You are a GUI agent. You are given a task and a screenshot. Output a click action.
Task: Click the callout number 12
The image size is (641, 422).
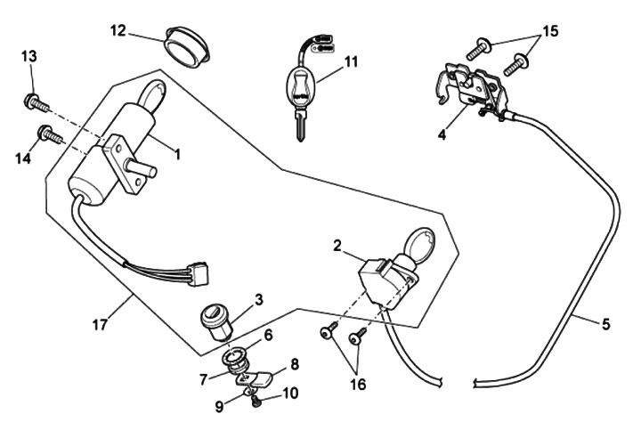coord(118,30)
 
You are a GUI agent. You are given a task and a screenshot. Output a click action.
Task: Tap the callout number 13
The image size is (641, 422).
coord(29,57)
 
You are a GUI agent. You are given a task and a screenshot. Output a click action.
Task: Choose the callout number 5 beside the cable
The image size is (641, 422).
coord(605,324)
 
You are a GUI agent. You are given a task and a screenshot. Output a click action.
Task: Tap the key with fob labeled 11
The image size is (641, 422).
coord(301,89)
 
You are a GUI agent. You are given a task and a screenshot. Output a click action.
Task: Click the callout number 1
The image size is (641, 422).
coord(176,154)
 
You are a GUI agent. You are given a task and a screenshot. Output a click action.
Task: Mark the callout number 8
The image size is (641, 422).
coord(294,363)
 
